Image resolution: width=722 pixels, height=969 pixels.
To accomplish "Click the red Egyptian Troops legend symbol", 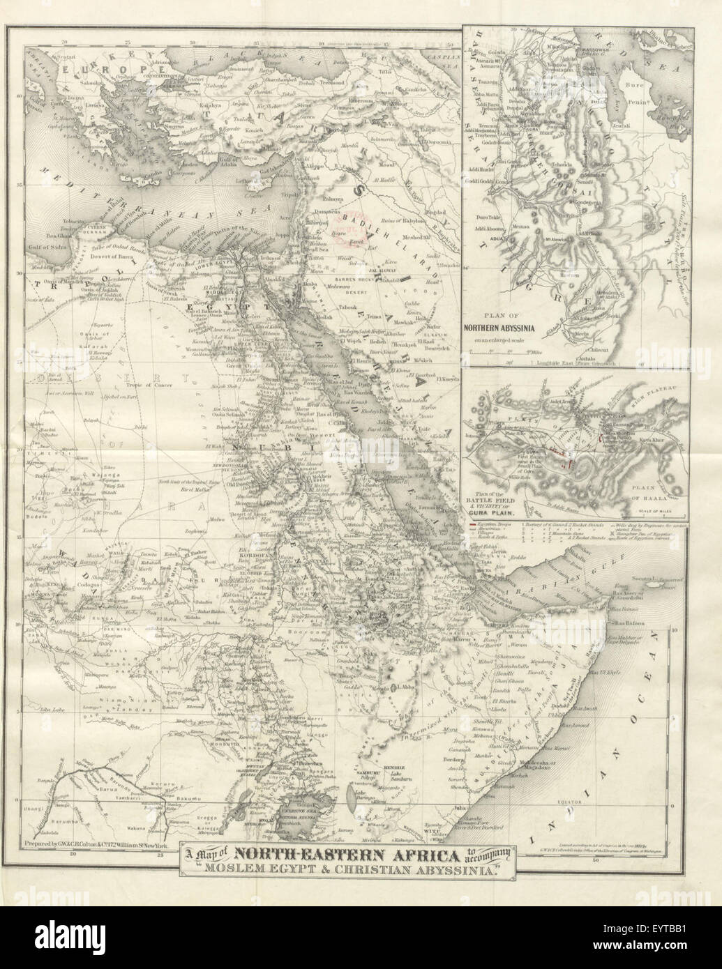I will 472,524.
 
